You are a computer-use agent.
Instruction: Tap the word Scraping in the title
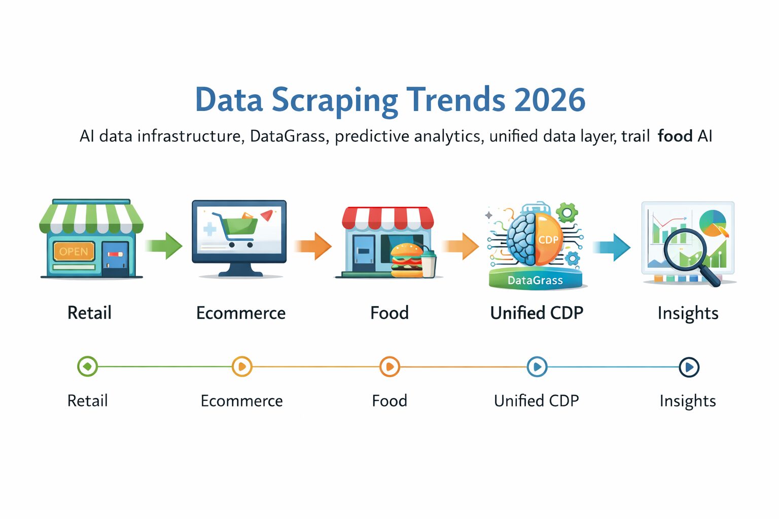click(x=335, y=101)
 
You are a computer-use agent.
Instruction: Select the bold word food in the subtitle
click(x=675, y=136)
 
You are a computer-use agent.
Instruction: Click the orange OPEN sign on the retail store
click(x=74, y=251)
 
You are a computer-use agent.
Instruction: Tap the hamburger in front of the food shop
click(x=407, y=260)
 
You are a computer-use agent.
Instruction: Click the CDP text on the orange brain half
click(x=548, y=239)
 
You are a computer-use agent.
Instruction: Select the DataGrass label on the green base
click(x=535, y=280)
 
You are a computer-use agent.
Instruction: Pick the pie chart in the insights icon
click(x=713, y=223)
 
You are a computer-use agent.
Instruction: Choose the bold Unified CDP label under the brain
click(x=537, y=313)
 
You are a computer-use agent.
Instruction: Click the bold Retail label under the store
click(x=89, y=313)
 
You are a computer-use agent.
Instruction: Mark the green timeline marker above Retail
click(x=87, y=366)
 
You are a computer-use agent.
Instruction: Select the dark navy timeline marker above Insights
click(x=689, y=367)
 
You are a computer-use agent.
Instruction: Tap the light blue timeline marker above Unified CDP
click(x=537, y=366)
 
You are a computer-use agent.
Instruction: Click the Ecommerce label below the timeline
click(x=241, y=401)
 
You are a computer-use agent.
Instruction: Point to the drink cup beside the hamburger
click(x=429, y=263)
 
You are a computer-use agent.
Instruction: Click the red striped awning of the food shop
click(x=388, y=217)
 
